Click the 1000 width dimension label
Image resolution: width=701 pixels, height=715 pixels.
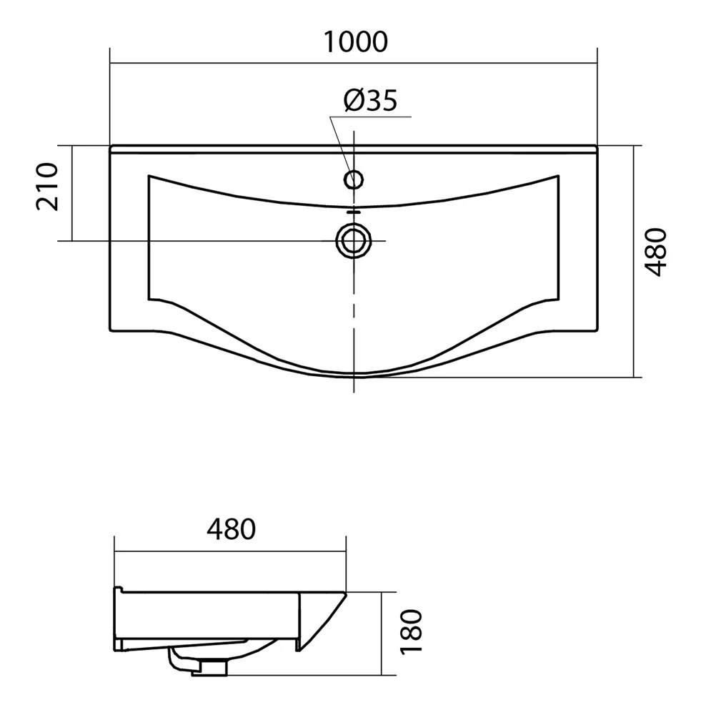pos(356,41)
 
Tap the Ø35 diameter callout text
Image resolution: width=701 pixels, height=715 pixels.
pos(370,100)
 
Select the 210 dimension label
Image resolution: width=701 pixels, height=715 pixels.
pos(47,187)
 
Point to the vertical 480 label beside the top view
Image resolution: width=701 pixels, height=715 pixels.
pos(656,252)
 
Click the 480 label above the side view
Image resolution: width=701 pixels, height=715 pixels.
pos(231,529)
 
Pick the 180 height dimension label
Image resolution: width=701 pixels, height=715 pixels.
pos(412,632)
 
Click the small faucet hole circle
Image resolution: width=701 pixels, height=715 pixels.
pos(354,179)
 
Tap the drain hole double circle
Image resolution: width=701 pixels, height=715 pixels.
pos(354,240)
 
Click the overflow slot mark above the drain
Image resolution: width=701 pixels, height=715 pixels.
pos(354,212)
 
